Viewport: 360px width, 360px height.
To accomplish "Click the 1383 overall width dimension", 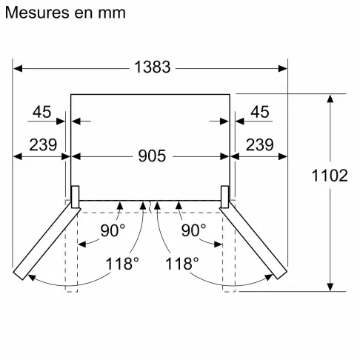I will pyautogui.click(x=153, y=67).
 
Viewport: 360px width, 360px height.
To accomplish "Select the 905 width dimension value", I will pyautogui.click(x=151, y=156).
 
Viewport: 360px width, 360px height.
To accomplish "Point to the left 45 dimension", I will pyautogui.click(x=42, y=112).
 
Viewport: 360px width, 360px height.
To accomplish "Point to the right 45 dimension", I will pyautogui.click(x=259, y=112).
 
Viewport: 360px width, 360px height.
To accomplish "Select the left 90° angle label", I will pyautogui.click(x=113, y=230).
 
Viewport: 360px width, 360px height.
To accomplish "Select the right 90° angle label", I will pyautogui.click(x=193, y=230).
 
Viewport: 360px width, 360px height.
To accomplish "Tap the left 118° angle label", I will pyautogui.click(x=121, y=263).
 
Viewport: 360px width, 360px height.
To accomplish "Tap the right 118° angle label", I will pyautogui.click(x=182, y=263).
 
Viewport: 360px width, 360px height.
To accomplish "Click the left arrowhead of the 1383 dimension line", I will pyautogui.click(x=19, y=67).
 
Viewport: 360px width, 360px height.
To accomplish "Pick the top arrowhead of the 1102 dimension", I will pyautogui.click(x=330, y=99).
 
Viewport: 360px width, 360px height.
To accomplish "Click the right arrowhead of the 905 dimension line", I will pyautogui.click(x=224, y=156).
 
